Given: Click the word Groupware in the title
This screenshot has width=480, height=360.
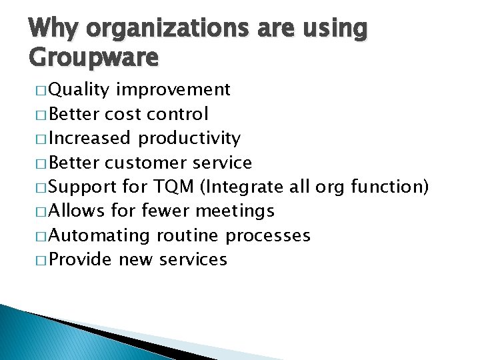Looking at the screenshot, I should (x=94, y=58).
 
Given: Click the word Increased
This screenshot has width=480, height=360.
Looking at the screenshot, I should (x=90, y=138).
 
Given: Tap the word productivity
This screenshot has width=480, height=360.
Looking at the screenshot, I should (x=189, y=138).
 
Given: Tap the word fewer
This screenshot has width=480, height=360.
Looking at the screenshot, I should (x=165, y=211).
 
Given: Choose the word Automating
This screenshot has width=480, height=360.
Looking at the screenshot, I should (x=100, y=235).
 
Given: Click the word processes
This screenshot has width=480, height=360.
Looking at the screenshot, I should (x=268, y=235).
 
